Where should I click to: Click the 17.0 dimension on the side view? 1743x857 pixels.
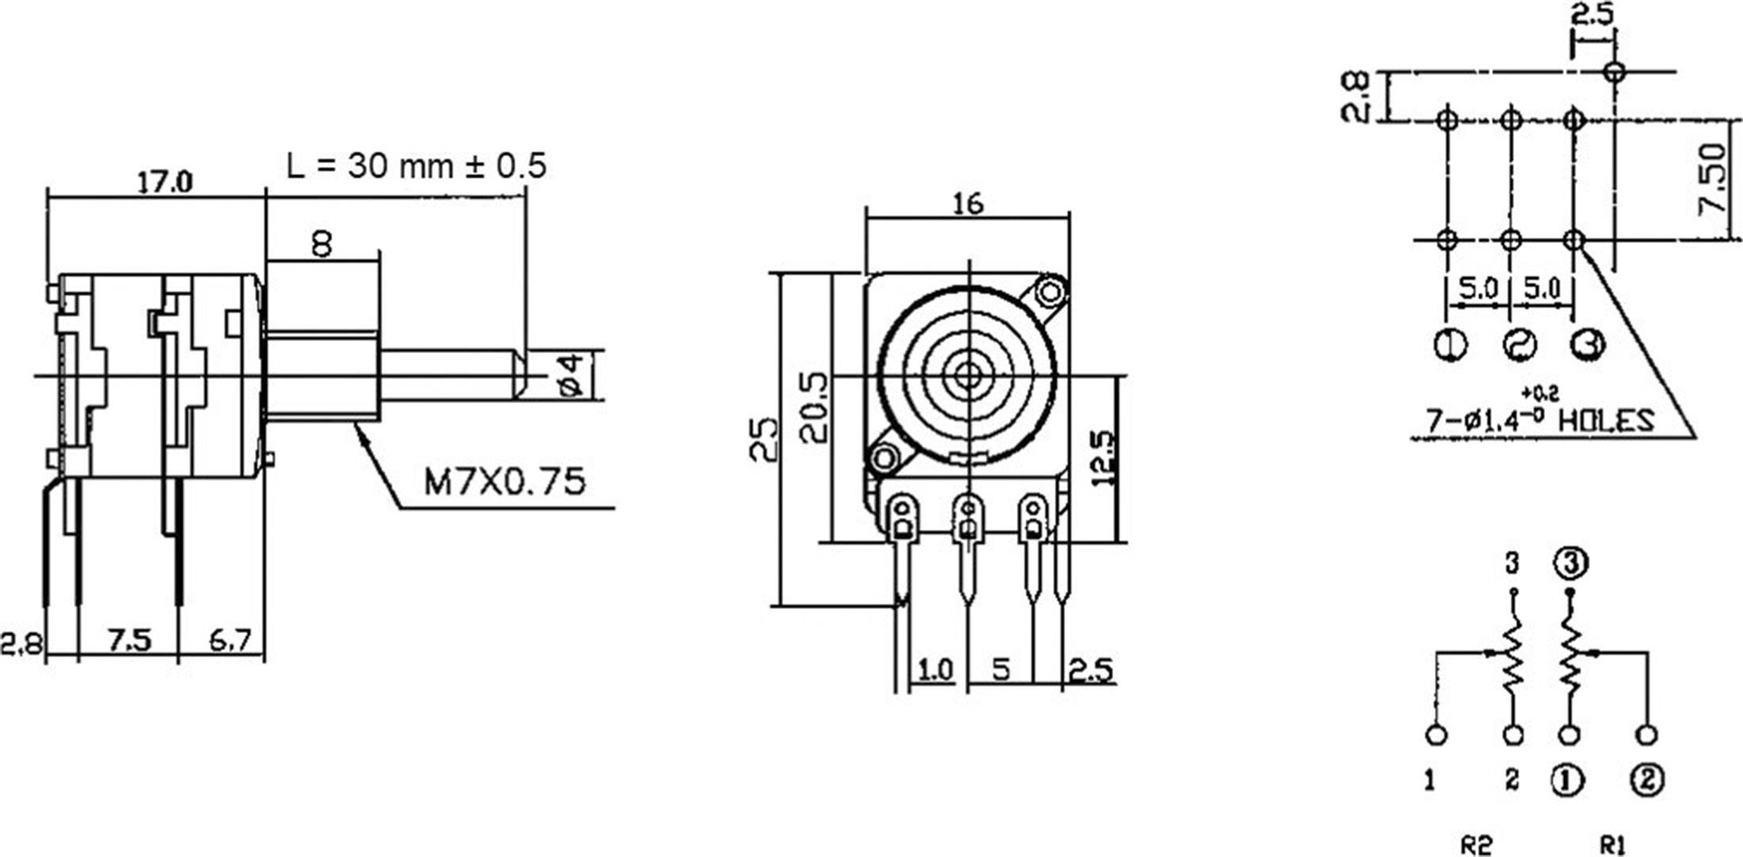point(165,183)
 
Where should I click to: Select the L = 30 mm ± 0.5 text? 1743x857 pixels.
point(416,166)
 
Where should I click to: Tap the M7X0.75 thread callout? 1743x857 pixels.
point(504,481)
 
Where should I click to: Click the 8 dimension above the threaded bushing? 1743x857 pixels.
point(322,245)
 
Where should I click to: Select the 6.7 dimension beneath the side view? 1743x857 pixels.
point(230,640)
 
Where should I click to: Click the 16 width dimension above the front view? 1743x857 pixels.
point(967,204)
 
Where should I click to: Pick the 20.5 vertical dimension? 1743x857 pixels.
point(814,407)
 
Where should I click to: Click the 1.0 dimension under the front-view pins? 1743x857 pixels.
point(934,670)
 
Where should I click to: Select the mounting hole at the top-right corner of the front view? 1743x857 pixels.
point(1051,292)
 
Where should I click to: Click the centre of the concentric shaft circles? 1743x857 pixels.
point(967,376)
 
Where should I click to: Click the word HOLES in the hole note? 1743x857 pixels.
point(1606,421)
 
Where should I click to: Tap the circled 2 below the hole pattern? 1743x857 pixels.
point(1519,345)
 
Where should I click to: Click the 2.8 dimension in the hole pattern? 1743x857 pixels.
point(1356,97)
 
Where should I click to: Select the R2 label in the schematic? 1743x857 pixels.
point(1476,845)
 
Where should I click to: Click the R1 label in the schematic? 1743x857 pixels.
point(1612,845)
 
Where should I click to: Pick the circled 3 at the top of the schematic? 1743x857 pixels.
point(1571,563)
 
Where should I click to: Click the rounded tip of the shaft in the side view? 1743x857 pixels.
point(520,375)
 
